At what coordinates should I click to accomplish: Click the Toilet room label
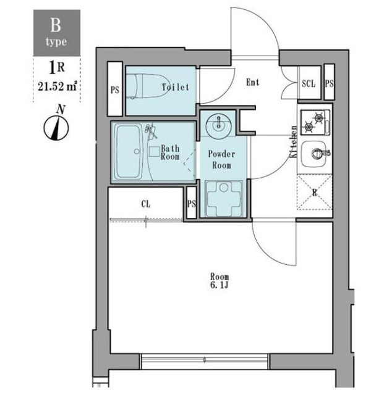(176, 87)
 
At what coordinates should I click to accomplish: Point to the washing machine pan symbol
(224, 198)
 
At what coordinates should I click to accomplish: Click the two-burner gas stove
(315, 122)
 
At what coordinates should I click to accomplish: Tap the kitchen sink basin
(315, 154)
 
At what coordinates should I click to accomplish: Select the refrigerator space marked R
(315, 192)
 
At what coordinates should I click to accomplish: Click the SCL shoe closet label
(309, 83)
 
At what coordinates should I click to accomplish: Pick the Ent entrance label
(253, 82)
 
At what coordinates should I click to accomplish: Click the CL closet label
(146, 204)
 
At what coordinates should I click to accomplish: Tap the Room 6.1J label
(219, 281)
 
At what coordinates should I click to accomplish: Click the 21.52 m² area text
(57, 86)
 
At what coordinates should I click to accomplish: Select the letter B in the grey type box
(56, 25)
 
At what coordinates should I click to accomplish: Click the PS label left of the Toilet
(115, 90)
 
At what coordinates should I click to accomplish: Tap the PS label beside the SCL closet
(329, 83)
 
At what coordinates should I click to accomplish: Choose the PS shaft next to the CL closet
(192, 203)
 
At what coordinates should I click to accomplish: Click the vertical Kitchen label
(294, 141)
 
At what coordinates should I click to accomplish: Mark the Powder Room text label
(221, 159)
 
